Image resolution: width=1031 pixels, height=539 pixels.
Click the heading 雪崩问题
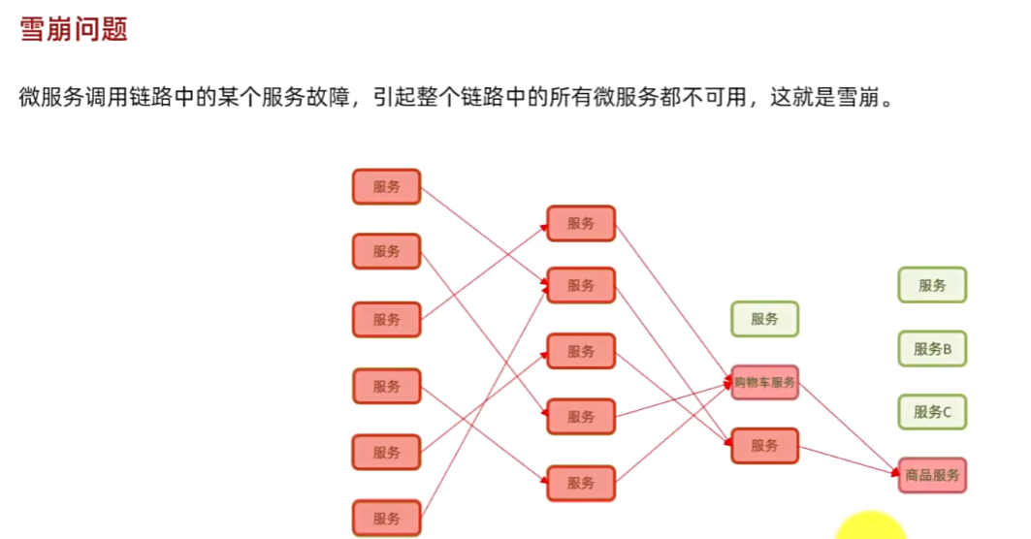pyautogui.click(x=74, y=29)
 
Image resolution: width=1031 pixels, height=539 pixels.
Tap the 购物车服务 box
pyautogui.click(x=764, y=383)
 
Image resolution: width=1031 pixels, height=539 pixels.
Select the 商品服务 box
pyautogui.click(x=932, y=475)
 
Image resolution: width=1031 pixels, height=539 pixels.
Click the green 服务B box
pyautogui.click(x=932, y=349)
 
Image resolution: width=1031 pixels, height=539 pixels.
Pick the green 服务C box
pyautogui.click(x=932, y=412)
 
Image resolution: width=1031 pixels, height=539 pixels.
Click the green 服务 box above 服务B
pyautogui.click(x=932, y=285)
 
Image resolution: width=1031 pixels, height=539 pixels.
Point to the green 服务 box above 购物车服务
pyautogui.click(x=764, y=318)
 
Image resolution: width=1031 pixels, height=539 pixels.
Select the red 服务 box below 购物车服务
pyautogui.click(x=764, y=446)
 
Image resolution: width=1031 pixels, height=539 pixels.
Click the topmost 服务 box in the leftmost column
pyautogui.click(x=386, y=187)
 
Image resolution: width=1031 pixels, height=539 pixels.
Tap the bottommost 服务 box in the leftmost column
pyautogui.click(x=386, y=518)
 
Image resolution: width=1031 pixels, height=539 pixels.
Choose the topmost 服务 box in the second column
pyautogui.click(x=581, y=223)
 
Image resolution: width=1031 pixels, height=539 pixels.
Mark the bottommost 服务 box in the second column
pyautogui.click(x=581, y=483)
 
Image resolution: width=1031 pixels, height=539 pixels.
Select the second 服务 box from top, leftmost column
pyautogui.click(x=386, y=251)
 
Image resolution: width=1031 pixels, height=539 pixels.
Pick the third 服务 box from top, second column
pyautogui.click(x=581, y=351)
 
